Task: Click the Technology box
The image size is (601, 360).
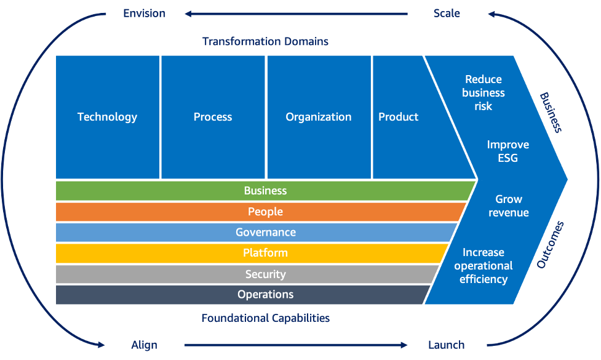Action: (x=107, y=117)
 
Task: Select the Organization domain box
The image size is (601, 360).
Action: (x=318, y=117)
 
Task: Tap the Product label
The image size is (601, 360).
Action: (x=398, y=117)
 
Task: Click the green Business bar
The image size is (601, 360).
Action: (x=265, y=191)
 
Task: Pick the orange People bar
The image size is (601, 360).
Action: (x=265, y=212)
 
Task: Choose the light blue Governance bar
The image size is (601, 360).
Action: (x=265, y=233)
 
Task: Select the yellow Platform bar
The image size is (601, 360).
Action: (x=265, y=253)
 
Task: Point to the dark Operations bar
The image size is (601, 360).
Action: (x=265, y=295)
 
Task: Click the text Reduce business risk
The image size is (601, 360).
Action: (x=484, y=93)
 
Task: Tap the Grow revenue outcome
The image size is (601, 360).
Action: (x=509, y=206)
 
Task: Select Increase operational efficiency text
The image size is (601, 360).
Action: (x=484, y=266)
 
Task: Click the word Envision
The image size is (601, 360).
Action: (x=144, y=14)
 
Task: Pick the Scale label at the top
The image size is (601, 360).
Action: (x=447, y=14)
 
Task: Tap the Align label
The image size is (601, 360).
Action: (x=144, y=345)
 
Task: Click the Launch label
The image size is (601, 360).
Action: (x=446, y=345)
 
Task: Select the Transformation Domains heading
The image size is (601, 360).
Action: (x=265, y=42)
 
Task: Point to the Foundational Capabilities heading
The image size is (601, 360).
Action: (x=265, y=318)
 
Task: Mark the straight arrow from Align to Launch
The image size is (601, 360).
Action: (x=295, y=345)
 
